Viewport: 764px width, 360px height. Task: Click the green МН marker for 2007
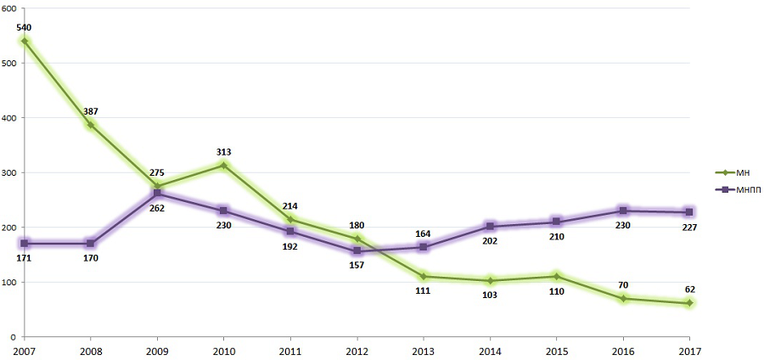pyautogui.click(x=25, y=41)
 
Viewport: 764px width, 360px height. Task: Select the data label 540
pyautogui.click(x=25, y=28)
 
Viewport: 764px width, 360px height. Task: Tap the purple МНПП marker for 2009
pyautogui.click(x=158, y=194)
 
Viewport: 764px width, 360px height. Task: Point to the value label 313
pyautogui.click(x=224, y=152)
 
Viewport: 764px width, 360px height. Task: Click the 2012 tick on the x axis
pyautogui.click(x=357, y=349)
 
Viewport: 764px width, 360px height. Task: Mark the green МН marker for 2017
pyautogui.click(x=689, y=303)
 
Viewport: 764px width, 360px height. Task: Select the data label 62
pyautogui.click(x=689, y=290)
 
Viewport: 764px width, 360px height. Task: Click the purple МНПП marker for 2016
pyautogui.click(x=623, y=211)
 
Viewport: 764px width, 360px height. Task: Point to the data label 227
pyautogui.click(x=689, y=227)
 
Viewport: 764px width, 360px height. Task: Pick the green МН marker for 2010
pyautogui.click(x=224, y=165)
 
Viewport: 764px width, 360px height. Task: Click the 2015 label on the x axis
pyautogui.click(x=556, y=349)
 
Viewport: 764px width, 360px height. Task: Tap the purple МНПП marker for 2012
pyautogui.click(x=357, y=251)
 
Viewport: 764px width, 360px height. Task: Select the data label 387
pyautogui.click(x=91, y=111)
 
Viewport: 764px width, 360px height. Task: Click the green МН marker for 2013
pyautogui.click(x=424, y=276)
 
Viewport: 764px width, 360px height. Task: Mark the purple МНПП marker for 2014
pyautogui.click(x=490, y=227)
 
